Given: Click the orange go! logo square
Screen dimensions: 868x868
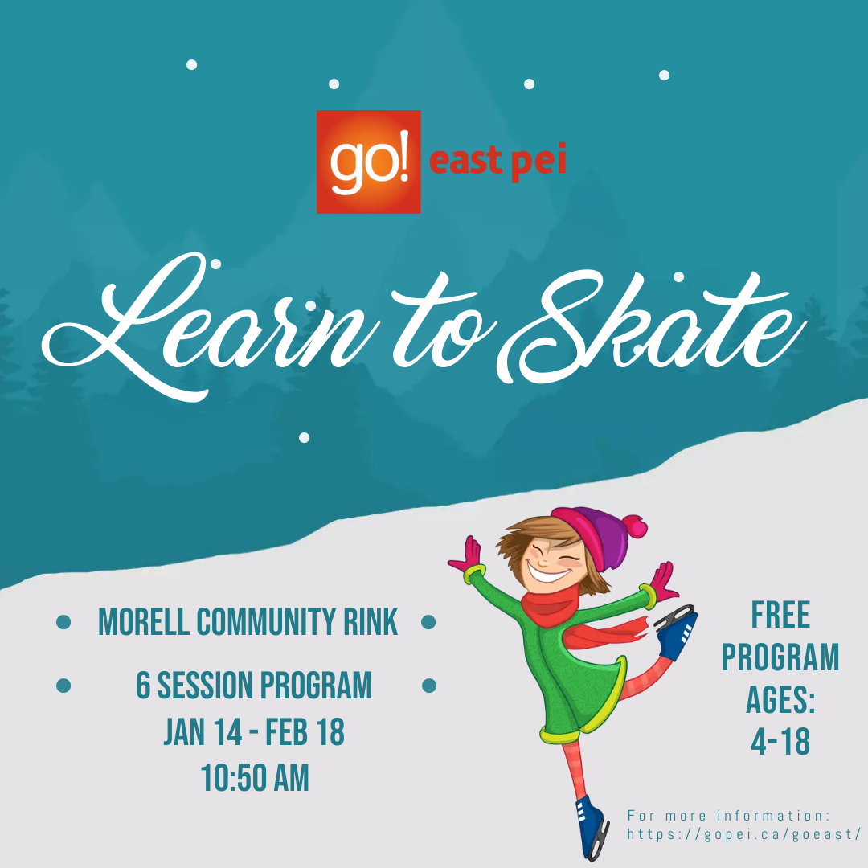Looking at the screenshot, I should [368, 162].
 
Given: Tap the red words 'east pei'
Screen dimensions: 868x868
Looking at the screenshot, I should [497, 162].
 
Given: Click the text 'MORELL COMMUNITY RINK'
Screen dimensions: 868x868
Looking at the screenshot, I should [248, 622].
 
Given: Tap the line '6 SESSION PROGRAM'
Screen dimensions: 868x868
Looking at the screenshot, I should [254, 686].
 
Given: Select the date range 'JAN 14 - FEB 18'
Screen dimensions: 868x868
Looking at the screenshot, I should [254, 732].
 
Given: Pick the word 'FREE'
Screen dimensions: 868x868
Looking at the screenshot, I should [780, 616].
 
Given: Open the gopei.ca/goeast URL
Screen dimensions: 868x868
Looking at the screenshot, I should [744, 834].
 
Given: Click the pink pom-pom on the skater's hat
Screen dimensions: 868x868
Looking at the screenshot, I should [637, 526].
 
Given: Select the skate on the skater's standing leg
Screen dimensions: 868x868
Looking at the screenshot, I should [592, 824].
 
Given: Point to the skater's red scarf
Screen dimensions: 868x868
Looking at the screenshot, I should [563, 611].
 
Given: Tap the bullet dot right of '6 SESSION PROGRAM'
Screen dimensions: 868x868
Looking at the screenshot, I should [428, 686].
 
